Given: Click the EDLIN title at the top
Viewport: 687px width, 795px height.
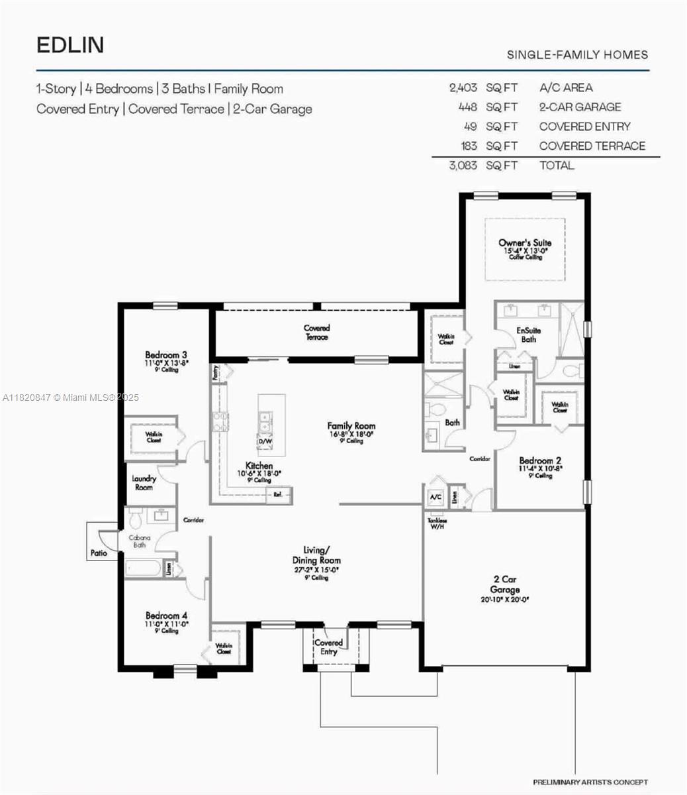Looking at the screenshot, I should click(x=70, y=45).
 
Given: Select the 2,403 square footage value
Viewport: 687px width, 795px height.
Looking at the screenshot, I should click(x=463, y=87).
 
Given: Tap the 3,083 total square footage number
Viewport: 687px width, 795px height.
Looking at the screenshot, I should click(x=462, y=166).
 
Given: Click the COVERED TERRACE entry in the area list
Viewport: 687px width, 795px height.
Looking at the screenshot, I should click(x=592, y=146).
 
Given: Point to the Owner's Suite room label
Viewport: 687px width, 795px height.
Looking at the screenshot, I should click(x=525, y=243).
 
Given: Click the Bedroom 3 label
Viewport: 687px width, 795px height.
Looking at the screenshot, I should click(x=166, y=355).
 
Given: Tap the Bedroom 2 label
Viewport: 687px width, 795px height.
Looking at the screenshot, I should click(x=540, y=461).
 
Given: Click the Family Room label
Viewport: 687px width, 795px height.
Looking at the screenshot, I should click(x=351, y=426).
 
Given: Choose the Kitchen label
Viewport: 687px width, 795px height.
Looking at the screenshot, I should click(x=259, y=466).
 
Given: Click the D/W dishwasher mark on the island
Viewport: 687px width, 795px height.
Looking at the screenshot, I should click(x=265, y=441).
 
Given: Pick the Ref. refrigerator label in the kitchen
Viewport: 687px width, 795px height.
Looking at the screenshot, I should click(x=278, y=495).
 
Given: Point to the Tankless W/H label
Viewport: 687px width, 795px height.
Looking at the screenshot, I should click(x=437, y=524).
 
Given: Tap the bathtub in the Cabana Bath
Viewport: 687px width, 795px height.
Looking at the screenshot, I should click(x=144, y=568).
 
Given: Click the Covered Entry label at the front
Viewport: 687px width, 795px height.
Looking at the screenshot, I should click(x=328, y=647).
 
